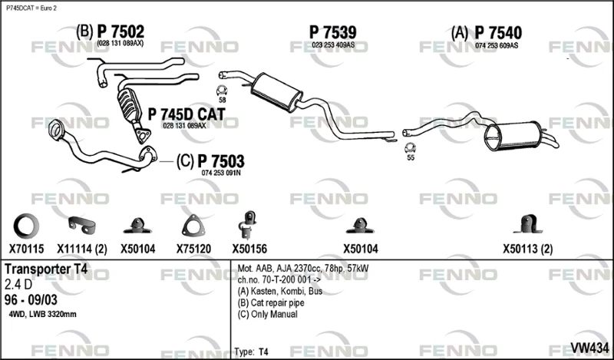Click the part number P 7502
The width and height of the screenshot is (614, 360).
point(120,31)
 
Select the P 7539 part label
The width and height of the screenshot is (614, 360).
point(333,32)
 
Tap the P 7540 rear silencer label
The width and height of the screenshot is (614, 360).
point(498,33)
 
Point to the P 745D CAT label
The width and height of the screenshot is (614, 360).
point(187,114)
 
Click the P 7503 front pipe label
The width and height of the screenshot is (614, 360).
point(221,161)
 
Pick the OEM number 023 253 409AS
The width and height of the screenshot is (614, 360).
point(333,45)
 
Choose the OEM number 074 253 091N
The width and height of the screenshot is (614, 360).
point(221,173)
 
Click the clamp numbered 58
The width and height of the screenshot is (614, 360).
point(222,91)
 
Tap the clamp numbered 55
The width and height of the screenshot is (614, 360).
point(410,148)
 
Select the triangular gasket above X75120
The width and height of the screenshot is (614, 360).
point(193,226)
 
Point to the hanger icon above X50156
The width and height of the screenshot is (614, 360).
point(248,225)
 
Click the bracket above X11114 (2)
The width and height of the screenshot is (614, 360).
point(82,223)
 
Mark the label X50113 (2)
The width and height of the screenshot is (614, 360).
point(528,249)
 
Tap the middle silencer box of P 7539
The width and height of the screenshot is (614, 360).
point(276,92)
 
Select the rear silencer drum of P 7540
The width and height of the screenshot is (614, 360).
point(512,136)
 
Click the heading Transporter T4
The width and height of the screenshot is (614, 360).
point(46,269)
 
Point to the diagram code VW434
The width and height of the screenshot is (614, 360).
point(589,348)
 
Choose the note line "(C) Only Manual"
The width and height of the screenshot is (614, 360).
point(267,314)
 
